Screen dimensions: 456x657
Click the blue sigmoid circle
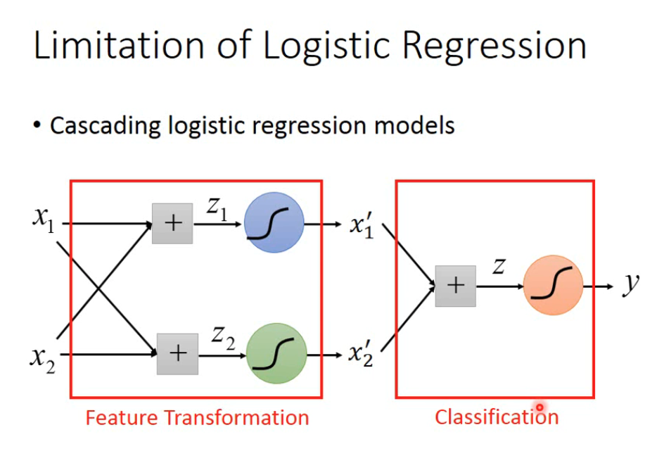coord(274,223)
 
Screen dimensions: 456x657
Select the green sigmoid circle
coord(276,353)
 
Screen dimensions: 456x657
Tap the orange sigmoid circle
coord(554,285)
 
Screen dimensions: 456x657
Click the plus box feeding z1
coord(172,223)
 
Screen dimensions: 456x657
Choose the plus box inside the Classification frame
coord(455,286)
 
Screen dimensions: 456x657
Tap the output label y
coord(631,284)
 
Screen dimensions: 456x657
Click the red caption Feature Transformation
coord(197,417)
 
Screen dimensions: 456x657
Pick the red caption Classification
coord(497,417)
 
